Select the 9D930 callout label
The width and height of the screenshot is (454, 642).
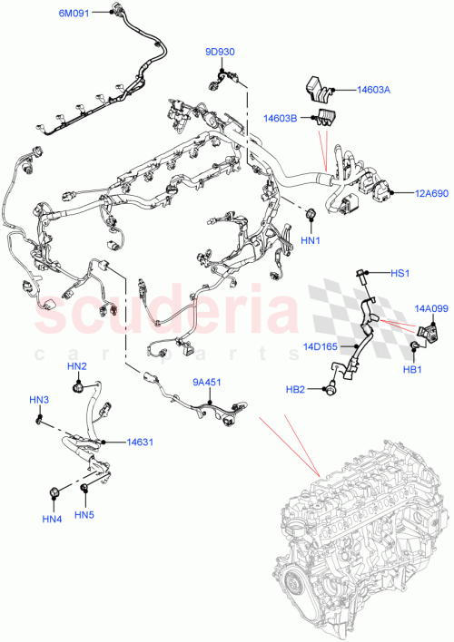coord(219,53)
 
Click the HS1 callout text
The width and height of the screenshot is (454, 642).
coord(400,273)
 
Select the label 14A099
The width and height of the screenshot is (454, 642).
coord(432,308)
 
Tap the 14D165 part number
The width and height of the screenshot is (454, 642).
coord(321,345)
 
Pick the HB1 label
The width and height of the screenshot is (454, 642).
coord(413,370)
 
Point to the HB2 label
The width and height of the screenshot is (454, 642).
coord(296,390)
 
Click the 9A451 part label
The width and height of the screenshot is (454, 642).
coord(205,383)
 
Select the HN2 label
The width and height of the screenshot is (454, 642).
coord(76,366)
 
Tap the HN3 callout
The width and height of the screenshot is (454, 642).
coord(38,400)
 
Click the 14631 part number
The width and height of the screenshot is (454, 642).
coord(139,443)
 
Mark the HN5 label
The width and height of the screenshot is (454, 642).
coord(84,516)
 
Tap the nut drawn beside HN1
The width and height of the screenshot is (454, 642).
coord(311,214)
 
